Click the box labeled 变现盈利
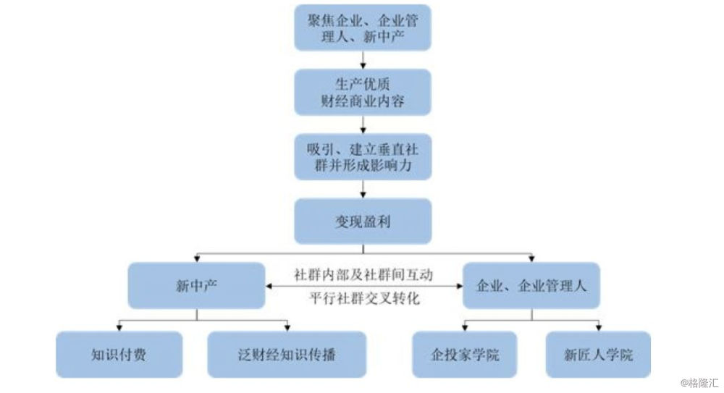coord(363,221)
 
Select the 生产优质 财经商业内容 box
coord(363,93)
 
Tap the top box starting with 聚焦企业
coord(363,28)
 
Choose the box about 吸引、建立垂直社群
coord(363,157)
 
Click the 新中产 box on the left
coord(197,286)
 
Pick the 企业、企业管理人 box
coord(531,286)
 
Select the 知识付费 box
coord(119,354)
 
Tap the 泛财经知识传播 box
coord(287,354)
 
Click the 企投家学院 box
coord(465,354)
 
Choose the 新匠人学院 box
coord(599,354)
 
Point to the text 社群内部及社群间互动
coord(363,275)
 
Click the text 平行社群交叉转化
coord(364,298)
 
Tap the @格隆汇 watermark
coord(699,383)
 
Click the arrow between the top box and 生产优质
coord(363,60)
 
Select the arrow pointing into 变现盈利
coord(363,190)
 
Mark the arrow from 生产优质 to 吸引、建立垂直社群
coord(363,124)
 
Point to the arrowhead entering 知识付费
coord(119,328)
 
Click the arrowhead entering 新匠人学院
coord(599,328)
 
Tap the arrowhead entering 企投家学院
coord(465,328)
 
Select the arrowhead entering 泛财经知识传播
coord(287,328)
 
